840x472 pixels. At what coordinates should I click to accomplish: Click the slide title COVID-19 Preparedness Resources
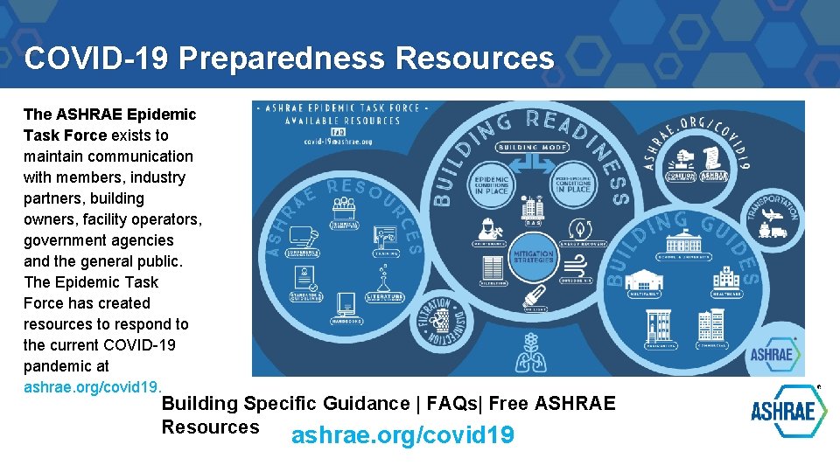(289, 59)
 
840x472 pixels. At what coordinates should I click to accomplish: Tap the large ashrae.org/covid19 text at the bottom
(402, 435)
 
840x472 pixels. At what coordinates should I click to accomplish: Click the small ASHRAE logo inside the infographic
(771, 353)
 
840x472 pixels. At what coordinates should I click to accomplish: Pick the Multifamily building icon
(646, 281)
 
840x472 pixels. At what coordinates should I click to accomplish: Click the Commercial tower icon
(710, 326)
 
